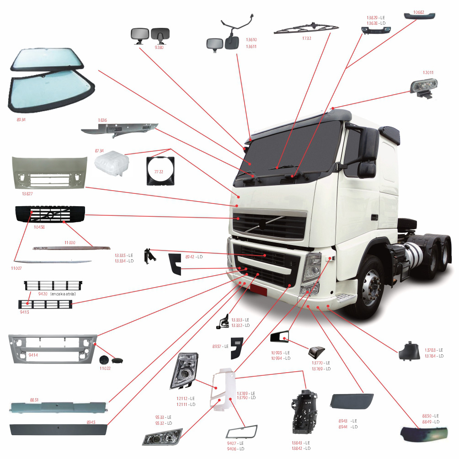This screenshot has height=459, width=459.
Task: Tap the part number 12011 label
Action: pyautogui.click(x=427, y=72)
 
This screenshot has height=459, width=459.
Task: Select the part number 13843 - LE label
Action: pyautogui.click(x=301, y=443)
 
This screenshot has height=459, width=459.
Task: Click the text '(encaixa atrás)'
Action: pyautogui.click(x=63, y=294)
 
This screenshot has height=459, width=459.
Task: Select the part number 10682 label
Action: pyautogui.click(x=418, y=11)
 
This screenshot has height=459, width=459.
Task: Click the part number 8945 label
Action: pyautogui.click(x=91, y=422)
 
